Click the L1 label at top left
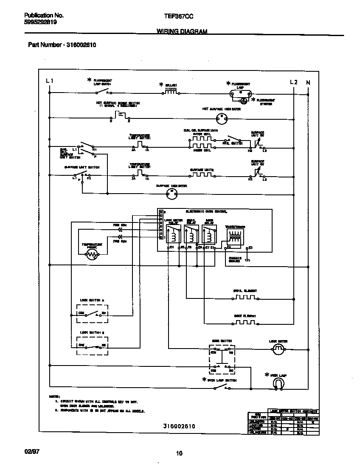tap(50, 81)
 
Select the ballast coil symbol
tap(171, 90)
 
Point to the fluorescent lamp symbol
tap(241, 94)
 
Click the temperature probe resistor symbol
tap(92, 254)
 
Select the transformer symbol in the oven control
tap(234, 237)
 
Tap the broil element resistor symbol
tap(245, 298)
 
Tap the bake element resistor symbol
tap(245, 323)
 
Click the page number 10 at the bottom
tap(179, 453)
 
